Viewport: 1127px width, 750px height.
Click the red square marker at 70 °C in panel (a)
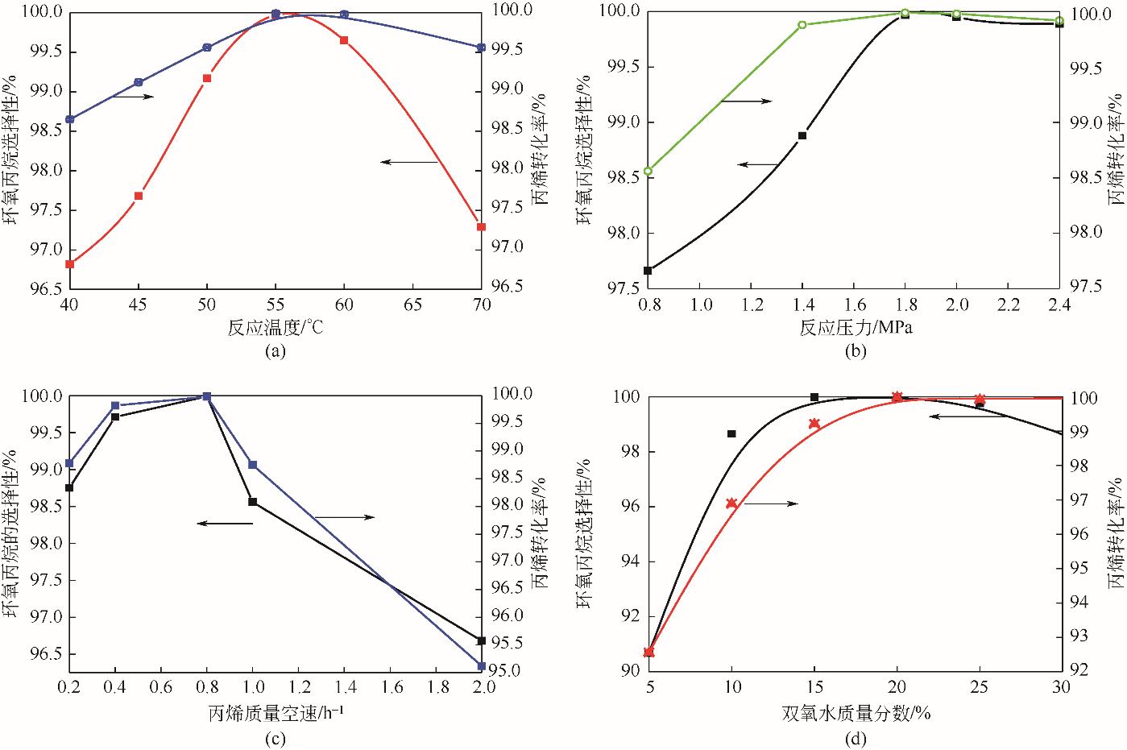481,227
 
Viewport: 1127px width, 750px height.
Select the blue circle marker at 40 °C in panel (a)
69,119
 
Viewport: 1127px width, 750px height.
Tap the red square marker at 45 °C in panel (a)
139,196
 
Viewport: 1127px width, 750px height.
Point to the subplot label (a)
275,350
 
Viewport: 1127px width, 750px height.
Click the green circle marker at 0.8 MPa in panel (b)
648,171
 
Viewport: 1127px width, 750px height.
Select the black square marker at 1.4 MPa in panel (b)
802,135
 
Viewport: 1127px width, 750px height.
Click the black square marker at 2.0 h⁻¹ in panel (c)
482,640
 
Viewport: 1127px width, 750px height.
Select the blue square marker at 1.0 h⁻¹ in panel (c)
253,465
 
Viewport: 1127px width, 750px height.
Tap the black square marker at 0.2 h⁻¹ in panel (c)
69,487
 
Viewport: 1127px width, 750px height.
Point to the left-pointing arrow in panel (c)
225,524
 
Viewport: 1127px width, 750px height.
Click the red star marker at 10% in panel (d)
731,503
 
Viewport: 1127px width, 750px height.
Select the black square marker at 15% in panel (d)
814,397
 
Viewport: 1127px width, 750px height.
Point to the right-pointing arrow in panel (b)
745,102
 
